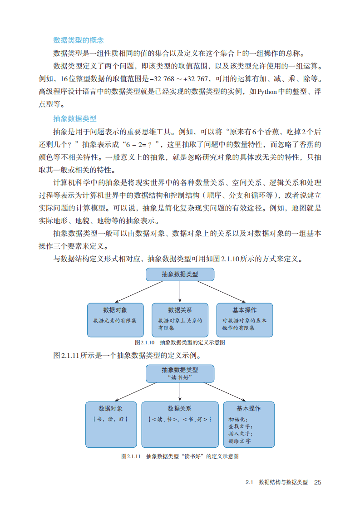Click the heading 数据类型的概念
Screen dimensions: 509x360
pos(79,40)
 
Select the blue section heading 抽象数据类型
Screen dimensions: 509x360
pos(75,119)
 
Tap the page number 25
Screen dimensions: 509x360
pos(317,482)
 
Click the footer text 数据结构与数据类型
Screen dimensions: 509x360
pos(283,482)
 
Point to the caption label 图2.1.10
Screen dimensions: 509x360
pos(145,343)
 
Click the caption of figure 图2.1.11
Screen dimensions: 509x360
pos(180,456)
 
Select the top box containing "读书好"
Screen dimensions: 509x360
pos(180,373)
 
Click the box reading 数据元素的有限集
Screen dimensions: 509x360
pos(115,320)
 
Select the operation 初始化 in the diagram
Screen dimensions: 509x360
pos(237,420)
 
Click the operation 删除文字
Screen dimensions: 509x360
pos(240,441)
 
